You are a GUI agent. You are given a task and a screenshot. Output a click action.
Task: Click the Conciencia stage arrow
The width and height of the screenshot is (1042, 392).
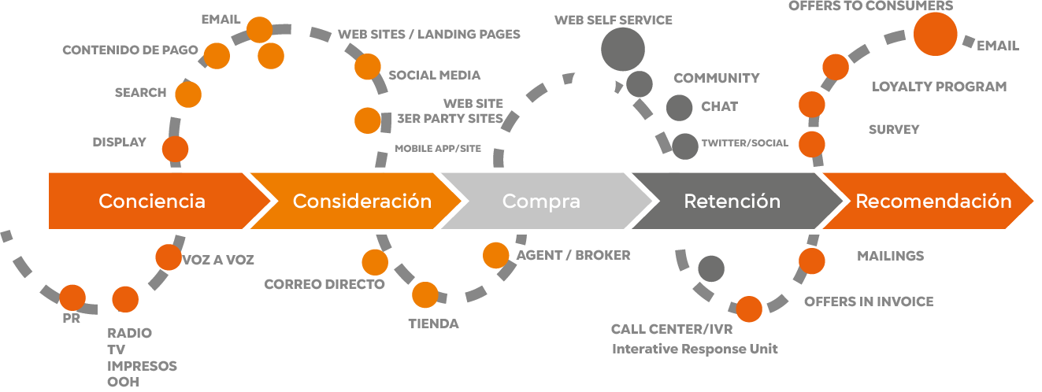154,201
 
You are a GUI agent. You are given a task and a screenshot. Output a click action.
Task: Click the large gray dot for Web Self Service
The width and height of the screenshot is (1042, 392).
623,50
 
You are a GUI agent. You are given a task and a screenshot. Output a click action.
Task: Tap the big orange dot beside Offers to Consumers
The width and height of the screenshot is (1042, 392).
935,34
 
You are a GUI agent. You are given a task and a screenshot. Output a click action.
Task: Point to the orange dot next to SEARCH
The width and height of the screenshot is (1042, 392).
188,94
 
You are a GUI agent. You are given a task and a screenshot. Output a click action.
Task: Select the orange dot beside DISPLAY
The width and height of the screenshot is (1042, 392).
176,150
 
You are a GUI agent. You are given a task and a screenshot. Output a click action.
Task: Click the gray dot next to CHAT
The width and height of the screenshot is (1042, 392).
679,108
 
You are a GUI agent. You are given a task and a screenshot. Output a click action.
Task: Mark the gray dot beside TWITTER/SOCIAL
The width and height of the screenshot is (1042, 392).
685,146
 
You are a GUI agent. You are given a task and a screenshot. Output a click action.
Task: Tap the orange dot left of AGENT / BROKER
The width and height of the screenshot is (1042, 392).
496,255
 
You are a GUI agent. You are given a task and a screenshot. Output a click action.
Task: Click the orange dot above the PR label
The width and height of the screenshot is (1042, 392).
72,298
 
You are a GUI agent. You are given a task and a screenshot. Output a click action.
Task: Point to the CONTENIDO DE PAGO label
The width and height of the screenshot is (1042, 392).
130,50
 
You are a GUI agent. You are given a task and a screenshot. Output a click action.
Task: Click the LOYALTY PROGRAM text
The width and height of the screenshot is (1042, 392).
939,87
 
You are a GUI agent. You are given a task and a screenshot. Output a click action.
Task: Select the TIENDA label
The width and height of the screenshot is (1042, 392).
433,324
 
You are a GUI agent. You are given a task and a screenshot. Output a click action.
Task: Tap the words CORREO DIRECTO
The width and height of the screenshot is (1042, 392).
324,284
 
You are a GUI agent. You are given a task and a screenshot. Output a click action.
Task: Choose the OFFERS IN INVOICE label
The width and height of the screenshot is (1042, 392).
869,301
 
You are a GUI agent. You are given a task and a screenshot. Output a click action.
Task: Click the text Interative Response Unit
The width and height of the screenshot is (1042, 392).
695,349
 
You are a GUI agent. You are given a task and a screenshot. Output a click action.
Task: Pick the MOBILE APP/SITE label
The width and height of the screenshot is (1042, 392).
438,148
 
